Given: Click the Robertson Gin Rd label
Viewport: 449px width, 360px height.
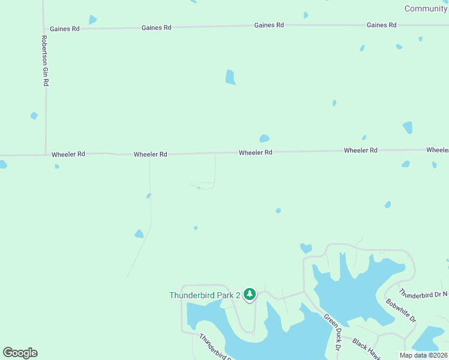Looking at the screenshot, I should (45, 61).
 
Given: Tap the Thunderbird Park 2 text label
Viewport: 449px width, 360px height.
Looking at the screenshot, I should (204, 295).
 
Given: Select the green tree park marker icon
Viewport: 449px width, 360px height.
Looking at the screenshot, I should (250, 294).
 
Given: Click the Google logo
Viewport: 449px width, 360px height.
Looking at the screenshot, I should (20, 353).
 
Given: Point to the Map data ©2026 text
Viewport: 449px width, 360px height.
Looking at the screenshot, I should (423, 355).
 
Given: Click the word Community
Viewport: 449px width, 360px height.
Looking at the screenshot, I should (426, 8).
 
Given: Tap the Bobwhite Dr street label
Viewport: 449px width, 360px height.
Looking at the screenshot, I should (401, 310).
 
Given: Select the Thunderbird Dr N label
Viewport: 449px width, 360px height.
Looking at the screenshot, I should (423, 294).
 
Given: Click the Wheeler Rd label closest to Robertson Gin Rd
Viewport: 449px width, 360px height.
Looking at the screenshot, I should (68, 154).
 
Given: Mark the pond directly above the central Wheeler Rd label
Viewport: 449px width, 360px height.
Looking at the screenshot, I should (264, 139).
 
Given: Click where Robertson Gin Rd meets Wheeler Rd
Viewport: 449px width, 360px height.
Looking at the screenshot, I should (46, 154).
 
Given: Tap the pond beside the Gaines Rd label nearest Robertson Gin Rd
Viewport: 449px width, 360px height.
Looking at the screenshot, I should (92, 20).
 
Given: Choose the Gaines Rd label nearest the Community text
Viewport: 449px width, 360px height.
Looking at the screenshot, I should (381, 25).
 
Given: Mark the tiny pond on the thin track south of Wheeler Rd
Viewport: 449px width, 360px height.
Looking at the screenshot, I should (148, 196).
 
